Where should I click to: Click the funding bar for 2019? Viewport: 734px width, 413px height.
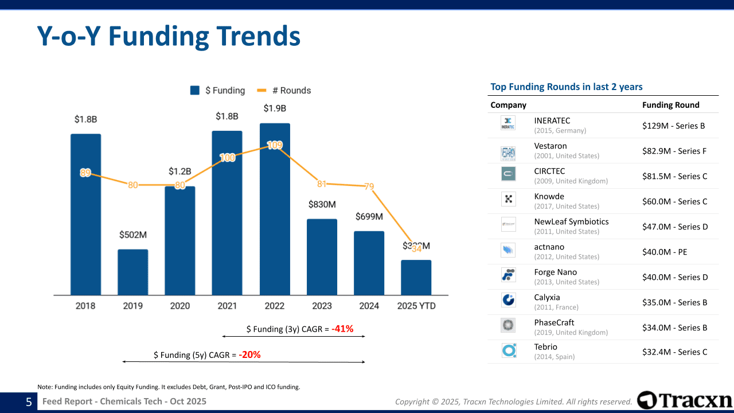(x=132, y=272)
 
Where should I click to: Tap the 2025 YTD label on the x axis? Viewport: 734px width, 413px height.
(x=416, y=306)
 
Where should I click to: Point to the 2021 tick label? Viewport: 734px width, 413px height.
(x=227, y=306)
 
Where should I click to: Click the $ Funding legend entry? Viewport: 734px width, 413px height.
(x=218, y=91)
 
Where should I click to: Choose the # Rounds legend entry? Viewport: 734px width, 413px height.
(x=284, y=91)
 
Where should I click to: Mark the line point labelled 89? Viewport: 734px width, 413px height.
(x=85, y=173)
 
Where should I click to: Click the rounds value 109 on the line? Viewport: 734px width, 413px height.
(x=275, y=146)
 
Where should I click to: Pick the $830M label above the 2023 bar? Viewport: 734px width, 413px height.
(x=322, y=205)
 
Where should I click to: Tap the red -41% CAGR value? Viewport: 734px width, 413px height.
(x=342, y=329)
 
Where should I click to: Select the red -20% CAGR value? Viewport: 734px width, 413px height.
(x=249, y=355)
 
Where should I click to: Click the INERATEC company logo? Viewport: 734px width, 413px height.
(x=508, y=123)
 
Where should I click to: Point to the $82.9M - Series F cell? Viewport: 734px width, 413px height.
(x=674, y=151)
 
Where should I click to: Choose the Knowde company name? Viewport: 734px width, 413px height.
(x=549, y=197)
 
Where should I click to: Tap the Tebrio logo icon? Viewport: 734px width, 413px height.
(x=508, y=350)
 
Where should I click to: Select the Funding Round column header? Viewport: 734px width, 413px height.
(x=671, y=105)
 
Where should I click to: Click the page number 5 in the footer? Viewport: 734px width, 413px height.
(x=29, y=402)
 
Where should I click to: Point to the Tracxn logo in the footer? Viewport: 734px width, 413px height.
(x=685, y=400)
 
